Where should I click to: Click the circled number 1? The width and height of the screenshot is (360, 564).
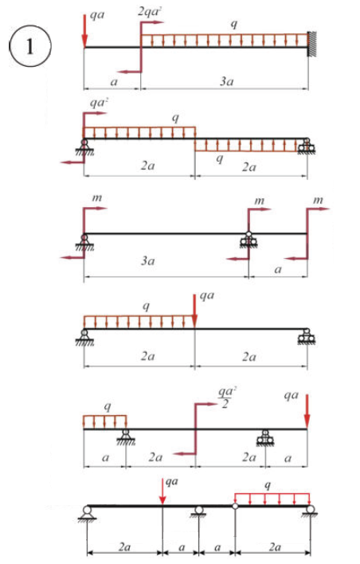click(x=29, y=46)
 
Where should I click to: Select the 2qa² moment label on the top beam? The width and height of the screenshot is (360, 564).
click(x=150, y=11)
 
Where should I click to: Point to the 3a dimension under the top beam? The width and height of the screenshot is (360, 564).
click(x=226, y=81)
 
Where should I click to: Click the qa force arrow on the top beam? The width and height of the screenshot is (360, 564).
click(x=84, y=31)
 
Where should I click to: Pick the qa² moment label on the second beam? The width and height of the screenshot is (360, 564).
click(x=99, y=103)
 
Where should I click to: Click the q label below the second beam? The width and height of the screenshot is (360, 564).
click(x=219, y=159)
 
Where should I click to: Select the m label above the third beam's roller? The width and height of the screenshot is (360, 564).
click(x=260, y=201)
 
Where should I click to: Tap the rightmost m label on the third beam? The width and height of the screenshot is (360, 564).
click(x=318, y=200)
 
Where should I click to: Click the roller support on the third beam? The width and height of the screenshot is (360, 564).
click(x=248, y=241)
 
